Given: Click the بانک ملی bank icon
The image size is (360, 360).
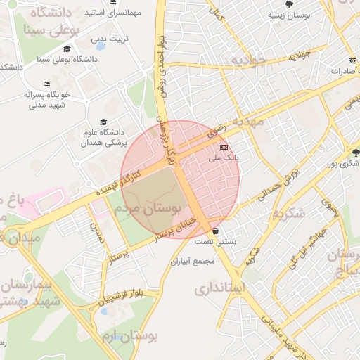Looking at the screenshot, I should tap(224, 147).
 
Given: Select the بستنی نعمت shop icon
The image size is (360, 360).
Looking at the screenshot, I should tap(214, 231).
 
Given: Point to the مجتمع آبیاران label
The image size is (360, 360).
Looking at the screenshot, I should tap(194, 261).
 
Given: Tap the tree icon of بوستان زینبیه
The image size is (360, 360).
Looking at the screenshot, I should tap(289, 4).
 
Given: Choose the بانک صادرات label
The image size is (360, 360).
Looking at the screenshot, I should tap(344, 71).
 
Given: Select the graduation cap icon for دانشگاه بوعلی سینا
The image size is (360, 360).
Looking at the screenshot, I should tap(67, 49).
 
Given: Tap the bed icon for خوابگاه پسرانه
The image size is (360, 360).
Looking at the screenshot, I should tap(46, 84).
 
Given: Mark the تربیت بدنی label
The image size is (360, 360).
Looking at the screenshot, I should tap(113, 39).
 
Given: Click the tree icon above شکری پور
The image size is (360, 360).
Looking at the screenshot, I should tap(356, 152).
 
